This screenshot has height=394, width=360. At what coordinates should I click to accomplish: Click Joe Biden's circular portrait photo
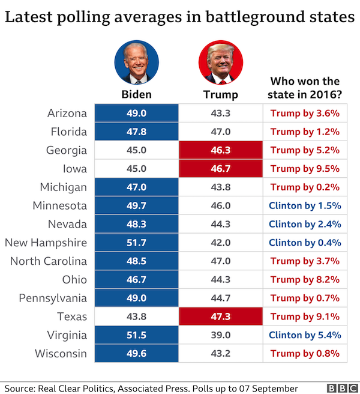(x=137, y=64)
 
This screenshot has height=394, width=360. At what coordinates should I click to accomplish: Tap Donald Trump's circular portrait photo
(x=220, y=64)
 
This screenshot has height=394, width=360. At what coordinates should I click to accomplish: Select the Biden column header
(x=137, y=94)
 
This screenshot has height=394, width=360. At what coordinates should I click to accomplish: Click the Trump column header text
(x=221, y=94)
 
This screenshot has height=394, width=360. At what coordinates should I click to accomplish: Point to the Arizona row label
(x=67, y=113)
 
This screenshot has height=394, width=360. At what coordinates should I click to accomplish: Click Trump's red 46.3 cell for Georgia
(x=221, y=150)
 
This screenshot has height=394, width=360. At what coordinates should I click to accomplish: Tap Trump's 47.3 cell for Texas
(x=221, y=317)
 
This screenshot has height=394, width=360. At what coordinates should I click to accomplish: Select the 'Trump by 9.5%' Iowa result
(x=305, y=169)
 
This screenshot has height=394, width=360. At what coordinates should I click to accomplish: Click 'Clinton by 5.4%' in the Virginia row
(x=305, y=335)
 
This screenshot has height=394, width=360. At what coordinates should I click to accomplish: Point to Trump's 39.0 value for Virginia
(x=221, y=335)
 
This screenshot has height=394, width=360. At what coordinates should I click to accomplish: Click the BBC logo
(x=340, y=387)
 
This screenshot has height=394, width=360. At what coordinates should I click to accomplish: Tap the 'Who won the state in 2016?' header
(x=305, y=88)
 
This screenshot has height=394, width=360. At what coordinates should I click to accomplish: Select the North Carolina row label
(x=49, y=261)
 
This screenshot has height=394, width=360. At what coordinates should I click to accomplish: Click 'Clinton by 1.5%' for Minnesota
(x=305, y=205)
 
